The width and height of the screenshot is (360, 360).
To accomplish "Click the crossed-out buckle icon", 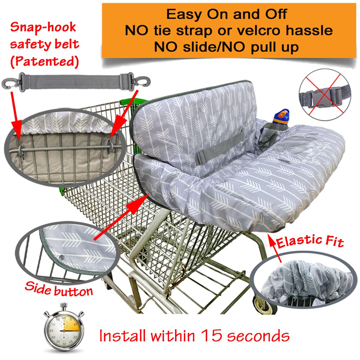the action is (325, 95).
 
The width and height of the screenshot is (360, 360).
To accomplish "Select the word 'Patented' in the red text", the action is (45, 61).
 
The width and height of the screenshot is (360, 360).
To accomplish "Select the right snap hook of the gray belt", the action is (142, 81).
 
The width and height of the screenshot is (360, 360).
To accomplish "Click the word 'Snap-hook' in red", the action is (43, 27).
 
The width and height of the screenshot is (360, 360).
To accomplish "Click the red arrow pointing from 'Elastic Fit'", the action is (275, 248).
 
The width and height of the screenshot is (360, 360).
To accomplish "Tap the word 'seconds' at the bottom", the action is (258, 336).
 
